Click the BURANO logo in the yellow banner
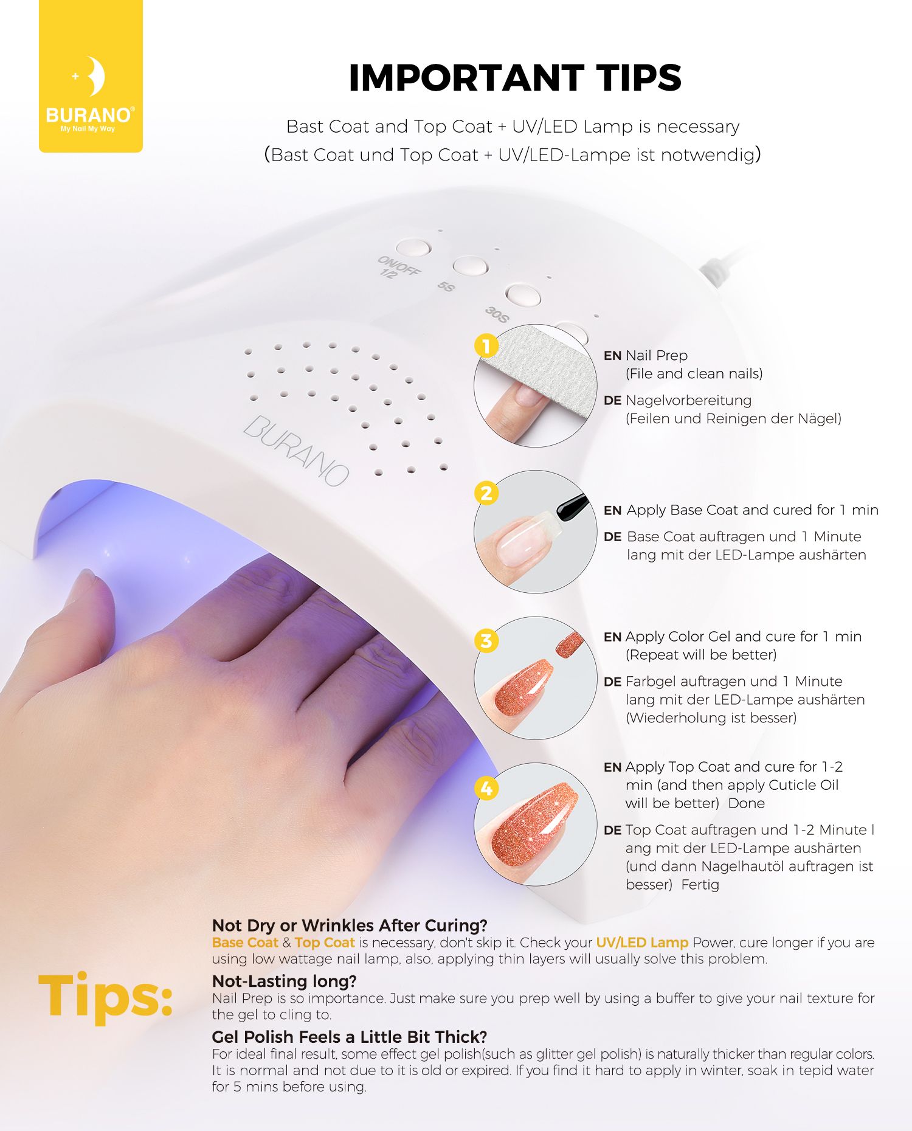pyautogui.click(x=91, y=94)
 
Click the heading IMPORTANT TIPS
pyautogui.click(x=515, y=78)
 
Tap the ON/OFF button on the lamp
pyautogui.click(x=413, y=247)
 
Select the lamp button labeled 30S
pyautogui.click(x=523, y=295)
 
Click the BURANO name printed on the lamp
pyautogui.click(x=296, y=450)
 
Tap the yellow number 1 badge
pyautogui.click(x=486, y=347)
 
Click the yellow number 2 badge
pyautogui.click(x=486, y=493)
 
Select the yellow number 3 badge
pyautogui.click(x=486, y=641)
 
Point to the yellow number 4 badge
pyautogui.click(x=486, y=789)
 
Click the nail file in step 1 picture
pyautogui.click(x=541, y=371)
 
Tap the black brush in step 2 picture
pyautogui.click(x=572, y=507)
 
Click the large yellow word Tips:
pyautogui.click(x=106, y=995)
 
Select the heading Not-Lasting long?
pyautogui.click(x=284, y=981)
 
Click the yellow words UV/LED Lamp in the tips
pyautogui.click(x=642, y=942)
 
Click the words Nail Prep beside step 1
pyautogui.click(x=657, y=356)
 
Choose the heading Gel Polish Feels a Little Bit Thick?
pyautogui.click(x=350, y=1037)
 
